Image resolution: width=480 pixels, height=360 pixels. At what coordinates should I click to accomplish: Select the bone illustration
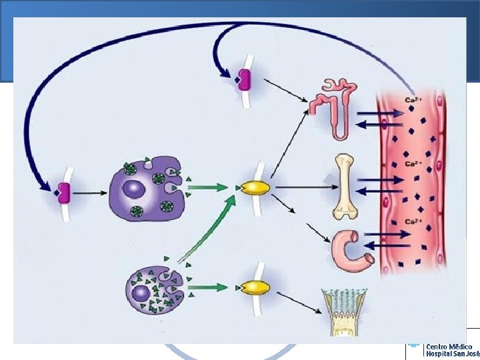point(343,187)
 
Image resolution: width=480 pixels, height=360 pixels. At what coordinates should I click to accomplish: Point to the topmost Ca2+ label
point(411,101)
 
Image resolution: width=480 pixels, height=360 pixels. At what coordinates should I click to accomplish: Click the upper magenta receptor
point(244,79)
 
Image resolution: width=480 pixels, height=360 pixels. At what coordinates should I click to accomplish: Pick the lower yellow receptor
point(255,287)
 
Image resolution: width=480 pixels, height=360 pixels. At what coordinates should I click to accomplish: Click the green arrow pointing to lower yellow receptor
point(213,287)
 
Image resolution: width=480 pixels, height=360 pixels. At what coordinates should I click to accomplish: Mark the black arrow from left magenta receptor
point(90,193)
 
